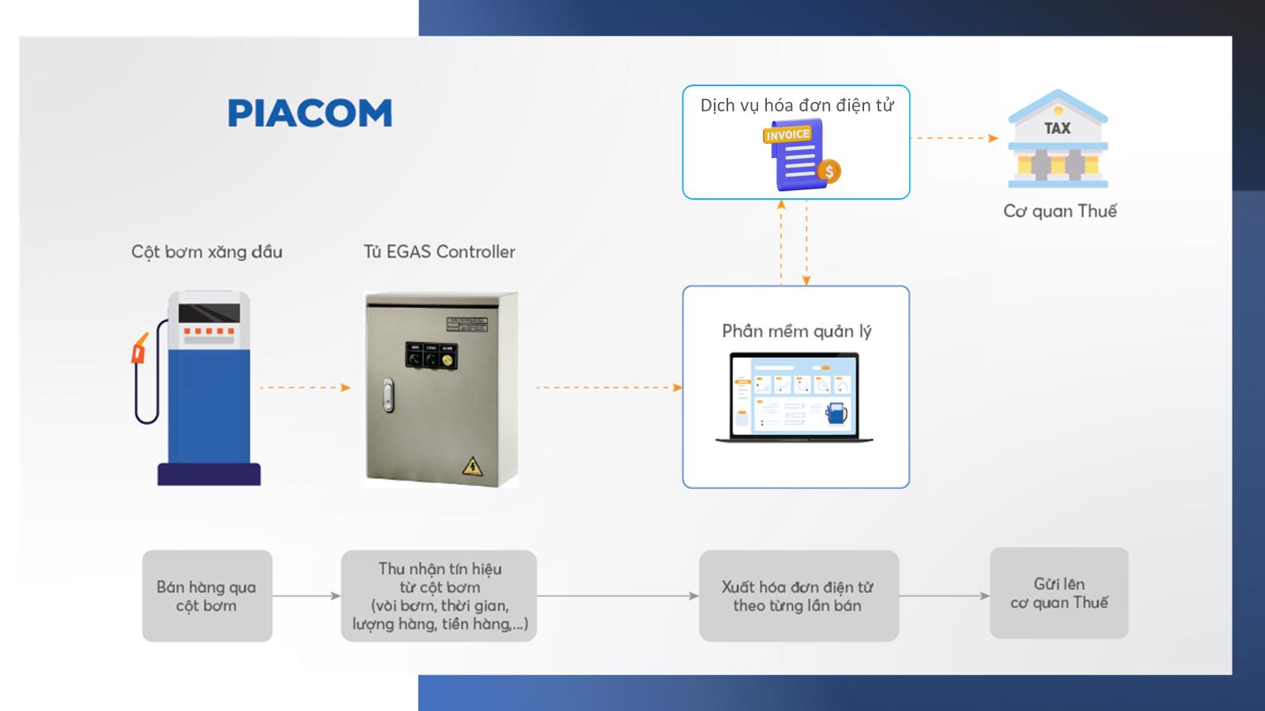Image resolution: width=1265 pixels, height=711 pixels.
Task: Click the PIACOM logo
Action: point(310,113)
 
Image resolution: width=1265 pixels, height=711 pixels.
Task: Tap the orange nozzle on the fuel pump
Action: point(140,349)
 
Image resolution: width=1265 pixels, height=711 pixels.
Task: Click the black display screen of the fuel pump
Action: point(209,312)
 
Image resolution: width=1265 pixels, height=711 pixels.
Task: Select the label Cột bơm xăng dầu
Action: point(206,252)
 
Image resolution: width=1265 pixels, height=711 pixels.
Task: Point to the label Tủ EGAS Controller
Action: point(439,252)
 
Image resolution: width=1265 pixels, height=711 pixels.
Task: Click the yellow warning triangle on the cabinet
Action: point(473,465)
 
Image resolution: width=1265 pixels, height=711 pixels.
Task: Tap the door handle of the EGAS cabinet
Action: point(387,395)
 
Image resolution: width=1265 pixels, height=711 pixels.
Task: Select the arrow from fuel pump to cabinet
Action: point(304,387)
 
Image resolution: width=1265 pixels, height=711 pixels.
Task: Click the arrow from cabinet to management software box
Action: point(608,387)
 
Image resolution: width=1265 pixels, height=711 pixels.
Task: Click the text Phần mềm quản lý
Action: point(796,331)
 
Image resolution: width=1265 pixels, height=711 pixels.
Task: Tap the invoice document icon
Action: point(797,155)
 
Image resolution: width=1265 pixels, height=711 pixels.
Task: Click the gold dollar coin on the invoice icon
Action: point(829,171)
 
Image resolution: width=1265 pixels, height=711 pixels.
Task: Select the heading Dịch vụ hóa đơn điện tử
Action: point(796,105)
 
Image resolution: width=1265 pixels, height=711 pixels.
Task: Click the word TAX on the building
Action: point(1057,128)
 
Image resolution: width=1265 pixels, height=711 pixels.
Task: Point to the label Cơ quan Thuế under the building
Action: point(1059,211)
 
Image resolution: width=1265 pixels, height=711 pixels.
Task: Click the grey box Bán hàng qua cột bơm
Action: point(207,596)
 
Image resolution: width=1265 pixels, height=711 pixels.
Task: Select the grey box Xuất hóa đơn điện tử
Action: point(799,596)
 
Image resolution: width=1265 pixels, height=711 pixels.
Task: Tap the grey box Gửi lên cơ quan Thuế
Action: point(1059,592)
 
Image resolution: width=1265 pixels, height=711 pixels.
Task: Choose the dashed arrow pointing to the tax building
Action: point(954,138)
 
